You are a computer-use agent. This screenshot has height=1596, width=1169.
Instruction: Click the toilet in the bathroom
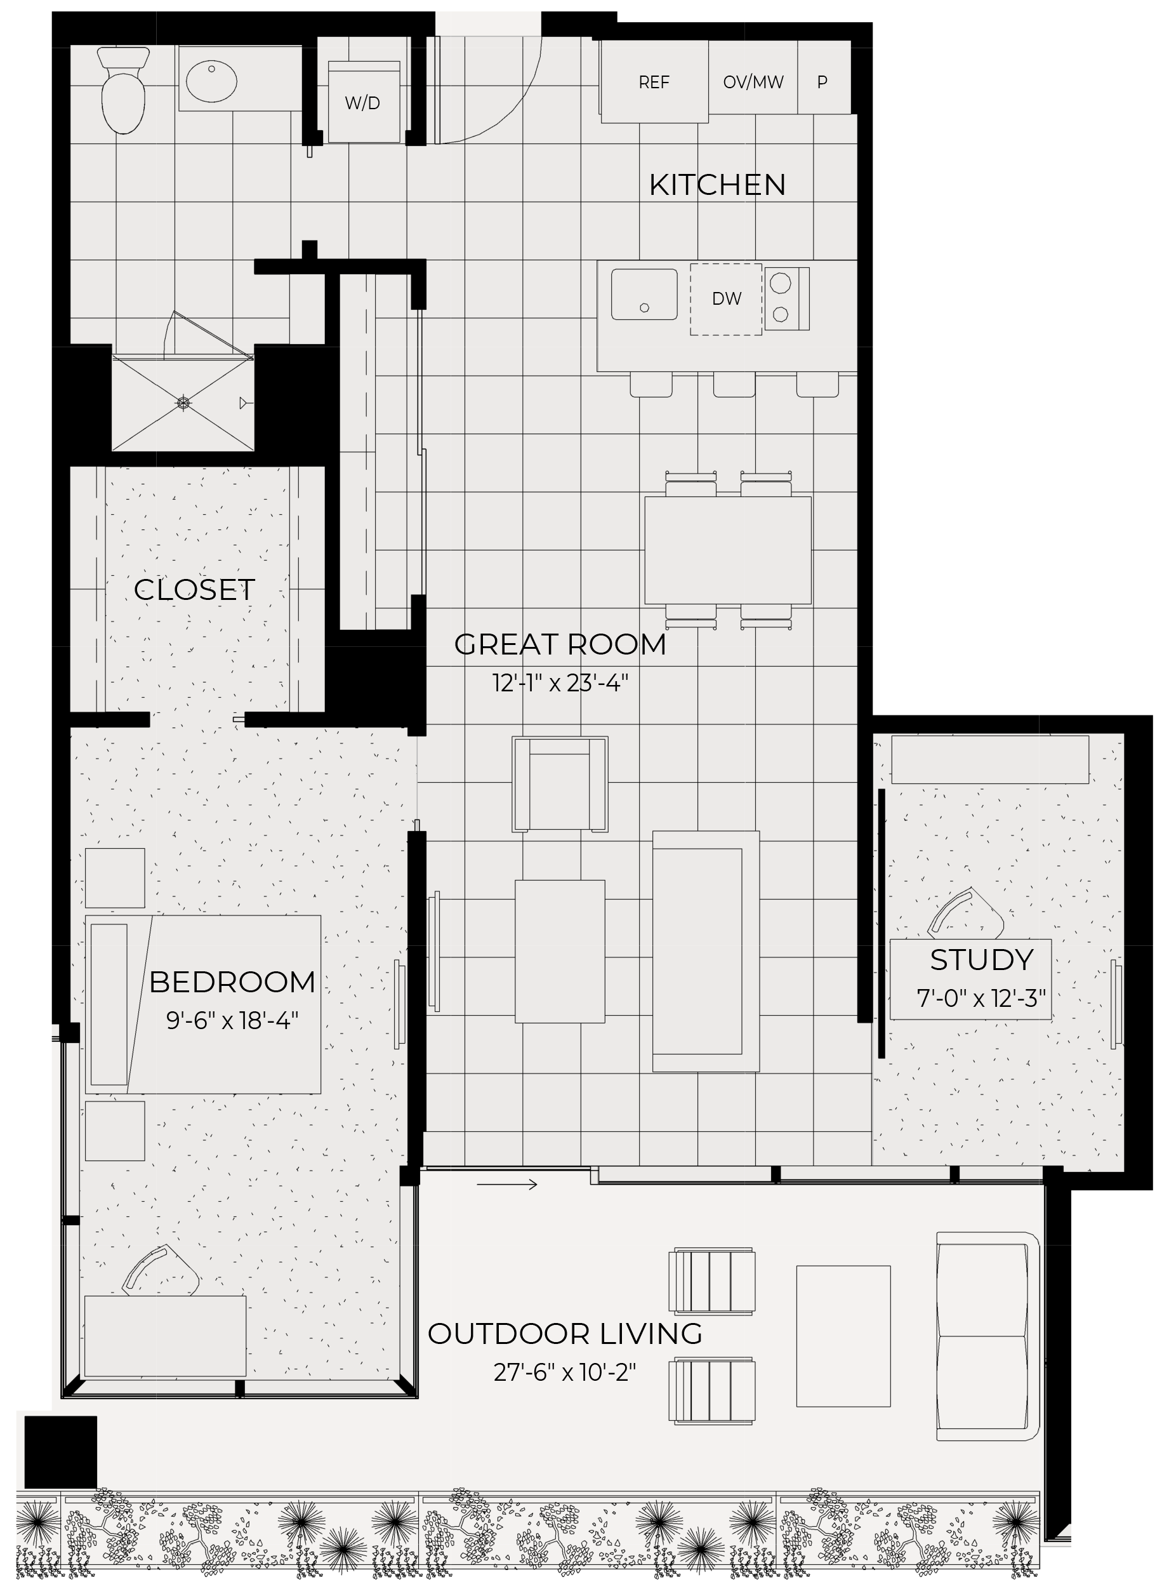[123, 90]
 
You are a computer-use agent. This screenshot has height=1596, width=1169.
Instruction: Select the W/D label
[362, 103]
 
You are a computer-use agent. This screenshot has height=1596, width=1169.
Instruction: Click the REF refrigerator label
[654, 83]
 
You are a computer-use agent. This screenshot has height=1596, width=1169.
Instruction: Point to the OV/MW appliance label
[753, 83]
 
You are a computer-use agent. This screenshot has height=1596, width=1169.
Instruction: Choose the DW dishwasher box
[726, 300]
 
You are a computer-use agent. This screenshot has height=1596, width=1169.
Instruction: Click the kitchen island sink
[644, 295]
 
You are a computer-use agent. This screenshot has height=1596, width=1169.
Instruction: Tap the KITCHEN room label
[717, 185]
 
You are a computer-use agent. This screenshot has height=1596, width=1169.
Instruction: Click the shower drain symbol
[183, 403]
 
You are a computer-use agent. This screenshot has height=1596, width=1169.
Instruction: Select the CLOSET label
[194, 590]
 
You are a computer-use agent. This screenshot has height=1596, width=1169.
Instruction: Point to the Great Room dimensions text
[560, 683]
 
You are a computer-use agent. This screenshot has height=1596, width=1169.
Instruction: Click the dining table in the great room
[727, 550]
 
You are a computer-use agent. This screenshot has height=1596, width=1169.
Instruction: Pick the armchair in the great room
[560, 784]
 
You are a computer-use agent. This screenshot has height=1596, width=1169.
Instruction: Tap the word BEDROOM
[232, 981]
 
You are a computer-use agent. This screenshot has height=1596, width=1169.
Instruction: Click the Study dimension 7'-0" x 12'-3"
[981, 998]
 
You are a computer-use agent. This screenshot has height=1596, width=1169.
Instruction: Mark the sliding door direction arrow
[506, 1184]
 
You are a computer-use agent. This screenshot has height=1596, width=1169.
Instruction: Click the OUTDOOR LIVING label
[565, 1333]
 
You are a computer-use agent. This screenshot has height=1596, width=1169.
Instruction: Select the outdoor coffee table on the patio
[843, 1336]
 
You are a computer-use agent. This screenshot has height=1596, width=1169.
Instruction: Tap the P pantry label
[822, 83]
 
